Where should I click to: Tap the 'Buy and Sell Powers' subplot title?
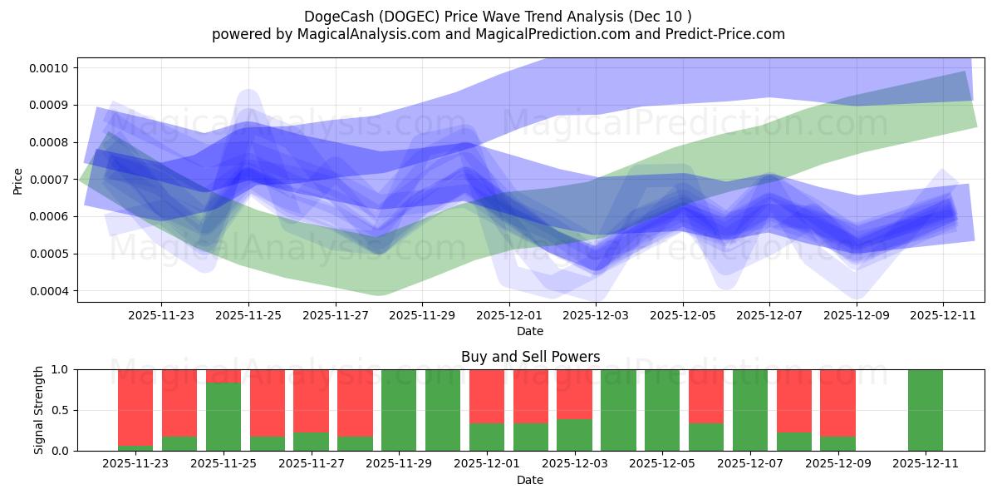(x=530, y=357)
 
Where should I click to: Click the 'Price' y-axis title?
(x=18, y=180)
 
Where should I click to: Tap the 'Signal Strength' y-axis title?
(x=39, y=410)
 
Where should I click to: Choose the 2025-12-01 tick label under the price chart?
(x=509, y=315)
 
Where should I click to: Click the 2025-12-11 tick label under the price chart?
(x=943, y=315)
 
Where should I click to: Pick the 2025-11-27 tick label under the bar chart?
(x=311, y=463)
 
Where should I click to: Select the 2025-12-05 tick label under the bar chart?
(x=661, y=463)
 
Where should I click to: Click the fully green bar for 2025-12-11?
(x=925, y=410)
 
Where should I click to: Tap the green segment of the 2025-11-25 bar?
(x=223, y=416)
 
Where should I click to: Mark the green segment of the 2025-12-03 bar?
(x=574, y=435)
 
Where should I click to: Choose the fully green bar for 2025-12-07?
(x=749, y=410)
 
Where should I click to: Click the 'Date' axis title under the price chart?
(x=530, y=331)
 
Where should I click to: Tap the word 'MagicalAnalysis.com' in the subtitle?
(x=361, y=34)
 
